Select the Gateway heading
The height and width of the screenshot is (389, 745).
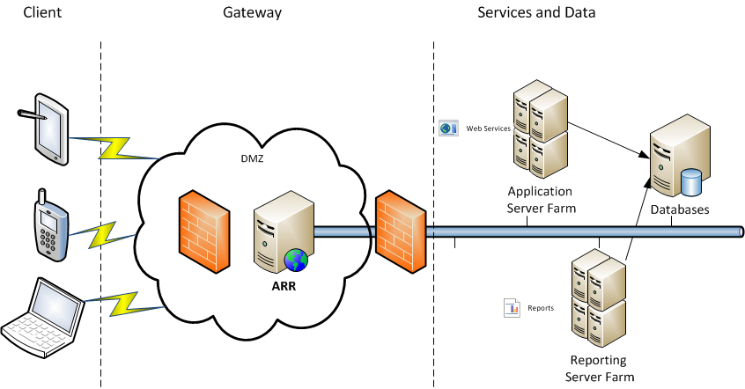pyautogui.click(x=253, y=13)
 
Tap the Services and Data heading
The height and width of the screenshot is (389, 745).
pyautogui.click(x=536, y=13)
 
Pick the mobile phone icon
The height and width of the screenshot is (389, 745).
pyautogui.click(x=49, y=224)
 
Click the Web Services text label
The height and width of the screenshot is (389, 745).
pyautogui.click(x=488, y=128)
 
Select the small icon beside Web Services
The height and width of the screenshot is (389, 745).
pyautogui.click(x=449, y=128)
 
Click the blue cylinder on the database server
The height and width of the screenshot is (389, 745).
pyautogui.click(x=692, y=182)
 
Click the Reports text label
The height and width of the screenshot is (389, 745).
pyautogui.click(x=541, y=308)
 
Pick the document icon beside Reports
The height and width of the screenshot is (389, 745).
pyautogui.click(x=512, y=308)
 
